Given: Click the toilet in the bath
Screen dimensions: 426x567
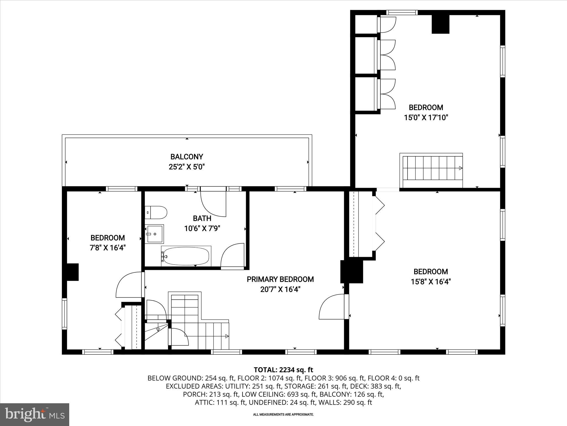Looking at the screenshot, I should (156, 212).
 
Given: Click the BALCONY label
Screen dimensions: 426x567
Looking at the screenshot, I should (187, 157).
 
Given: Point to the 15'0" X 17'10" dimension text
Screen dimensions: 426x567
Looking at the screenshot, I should (426, 118).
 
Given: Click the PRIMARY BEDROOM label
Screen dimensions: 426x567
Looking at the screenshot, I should (280, 279).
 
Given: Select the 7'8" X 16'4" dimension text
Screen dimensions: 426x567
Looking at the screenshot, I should (108, 248).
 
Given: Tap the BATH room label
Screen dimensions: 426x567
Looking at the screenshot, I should (202, 218).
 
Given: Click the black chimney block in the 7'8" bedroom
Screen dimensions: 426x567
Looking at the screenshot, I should (73, 272).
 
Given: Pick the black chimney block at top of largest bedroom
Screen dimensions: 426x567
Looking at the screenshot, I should (440, 24).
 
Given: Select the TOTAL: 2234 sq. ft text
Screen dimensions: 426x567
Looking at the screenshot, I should (283, 370).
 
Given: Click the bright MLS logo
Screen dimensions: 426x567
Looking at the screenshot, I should (35, 414).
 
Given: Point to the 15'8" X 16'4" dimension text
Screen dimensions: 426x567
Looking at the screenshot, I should (431, 282).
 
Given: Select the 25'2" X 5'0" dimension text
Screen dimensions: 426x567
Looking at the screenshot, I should (187, 167).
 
